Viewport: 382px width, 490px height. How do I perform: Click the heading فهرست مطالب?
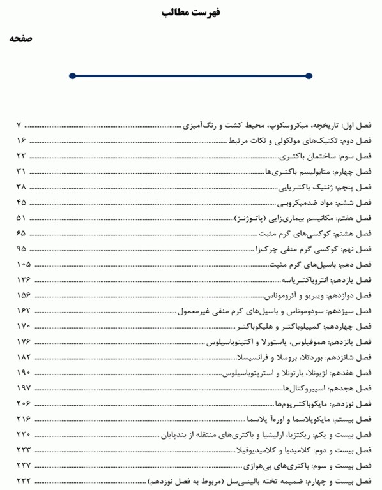coord(190,12)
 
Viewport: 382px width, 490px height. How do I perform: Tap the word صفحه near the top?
coord(20,39)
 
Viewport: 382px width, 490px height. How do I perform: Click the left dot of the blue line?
coord(72,76)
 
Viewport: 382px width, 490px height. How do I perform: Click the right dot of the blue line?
coord(309,76)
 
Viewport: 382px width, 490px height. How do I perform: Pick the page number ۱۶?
coord(20,140)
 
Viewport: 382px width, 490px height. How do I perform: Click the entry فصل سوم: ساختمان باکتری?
coord(326,156)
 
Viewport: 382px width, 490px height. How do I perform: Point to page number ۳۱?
coord(20,172)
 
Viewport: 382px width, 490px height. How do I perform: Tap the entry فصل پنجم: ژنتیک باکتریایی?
coord(326,188)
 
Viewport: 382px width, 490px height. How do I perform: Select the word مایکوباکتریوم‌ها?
coord(298,405)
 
